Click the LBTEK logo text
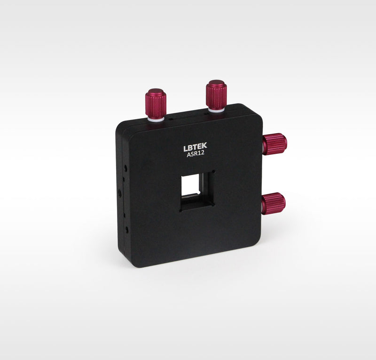(195, 147)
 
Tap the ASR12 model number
(196, 154)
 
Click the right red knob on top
(216, 95)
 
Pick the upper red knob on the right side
(275, 144)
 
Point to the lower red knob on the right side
(274, 204)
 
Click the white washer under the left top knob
(156, 119)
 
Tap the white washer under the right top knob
(217, 110)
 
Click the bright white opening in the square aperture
(191, 185)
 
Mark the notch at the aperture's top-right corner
(213, 172)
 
